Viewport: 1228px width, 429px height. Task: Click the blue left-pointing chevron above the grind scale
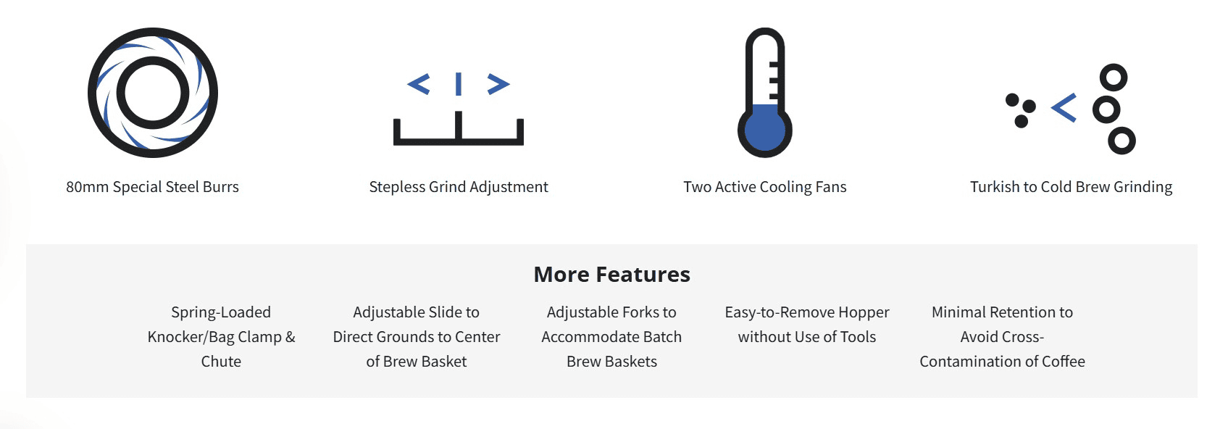(x=418, y=84)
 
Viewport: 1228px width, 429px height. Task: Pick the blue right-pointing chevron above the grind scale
(x=498, y=84)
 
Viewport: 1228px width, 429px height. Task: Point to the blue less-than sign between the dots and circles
(x=1064, y=107)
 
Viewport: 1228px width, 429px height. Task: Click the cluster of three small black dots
(x=1020, y=110)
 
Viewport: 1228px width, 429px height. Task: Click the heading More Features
(x=611, y=275)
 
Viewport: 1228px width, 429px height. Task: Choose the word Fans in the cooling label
(x=830, y=187)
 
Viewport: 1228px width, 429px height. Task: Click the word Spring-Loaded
(x=221, y=313)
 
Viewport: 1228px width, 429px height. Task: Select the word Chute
(x=221, y=362)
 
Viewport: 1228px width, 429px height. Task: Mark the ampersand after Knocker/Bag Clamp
(x=290, y=337)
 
